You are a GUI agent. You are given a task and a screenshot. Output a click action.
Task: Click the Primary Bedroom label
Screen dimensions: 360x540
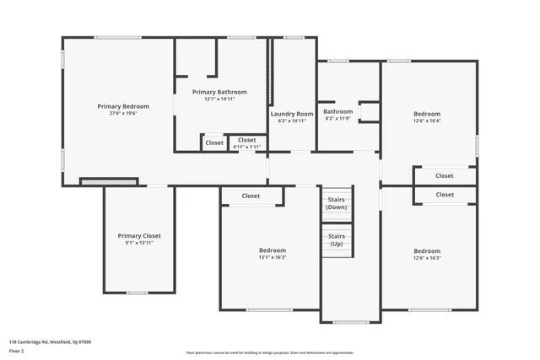pyautogui.click(x=123, y=106)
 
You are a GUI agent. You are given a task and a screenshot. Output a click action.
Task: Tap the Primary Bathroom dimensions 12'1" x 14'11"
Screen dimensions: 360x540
pyautogui.click(x=219, y=99)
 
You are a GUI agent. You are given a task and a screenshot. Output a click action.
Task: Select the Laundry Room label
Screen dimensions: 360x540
pyautogui.click(x=292, y=114)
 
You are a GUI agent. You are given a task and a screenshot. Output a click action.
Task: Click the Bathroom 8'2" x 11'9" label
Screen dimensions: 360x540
pyautogui.click(x=337, y=111)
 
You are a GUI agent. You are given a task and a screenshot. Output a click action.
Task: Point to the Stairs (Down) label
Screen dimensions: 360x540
pyautogui.click(x=337, y=202)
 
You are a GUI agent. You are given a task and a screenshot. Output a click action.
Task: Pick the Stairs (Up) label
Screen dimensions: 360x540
pyautogui.click(x=337, y=239)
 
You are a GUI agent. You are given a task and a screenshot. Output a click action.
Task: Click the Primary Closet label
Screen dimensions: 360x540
pyautogui.click(x=139, y=236)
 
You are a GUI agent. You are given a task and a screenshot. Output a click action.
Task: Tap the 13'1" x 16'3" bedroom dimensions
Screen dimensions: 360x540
pyautogui.click(x=272, y=258)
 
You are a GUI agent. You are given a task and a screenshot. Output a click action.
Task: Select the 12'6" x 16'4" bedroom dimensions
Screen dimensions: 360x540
pyautogui.click(x=426, y=121)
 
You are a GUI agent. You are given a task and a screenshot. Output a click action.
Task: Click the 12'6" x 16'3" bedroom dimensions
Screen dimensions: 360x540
pyautogui.click(x=426, y=258)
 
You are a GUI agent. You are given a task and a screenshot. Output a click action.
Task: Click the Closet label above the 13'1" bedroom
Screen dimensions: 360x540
pyautogui.click(x=251, y=196)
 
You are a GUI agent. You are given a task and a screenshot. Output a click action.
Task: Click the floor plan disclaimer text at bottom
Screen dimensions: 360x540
pyautogui.click(x=270, y=352)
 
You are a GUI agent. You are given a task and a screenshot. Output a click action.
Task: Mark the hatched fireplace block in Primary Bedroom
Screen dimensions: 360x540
pyautogui.click(x=108, y=181)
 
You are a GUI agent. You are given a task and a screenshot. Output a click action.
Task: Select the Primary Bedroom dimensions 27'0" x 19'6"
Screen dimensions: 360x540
pyautogui.click(x=123, y=114)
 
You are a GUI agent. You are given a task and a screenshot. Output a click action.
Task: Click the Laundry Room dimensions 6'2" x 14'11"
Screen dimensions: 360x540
pyautogui.click(x=292, y=121)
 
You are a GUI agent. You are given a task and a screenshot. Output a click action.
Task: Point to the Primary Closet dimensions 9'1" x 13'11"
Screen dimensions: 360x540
pyautogui.click(x=139, y=244)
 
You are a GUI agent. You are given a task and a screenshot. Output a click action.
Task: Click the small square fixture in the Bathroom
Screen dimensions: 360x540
pyautogui.click(x=369, y=111)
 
